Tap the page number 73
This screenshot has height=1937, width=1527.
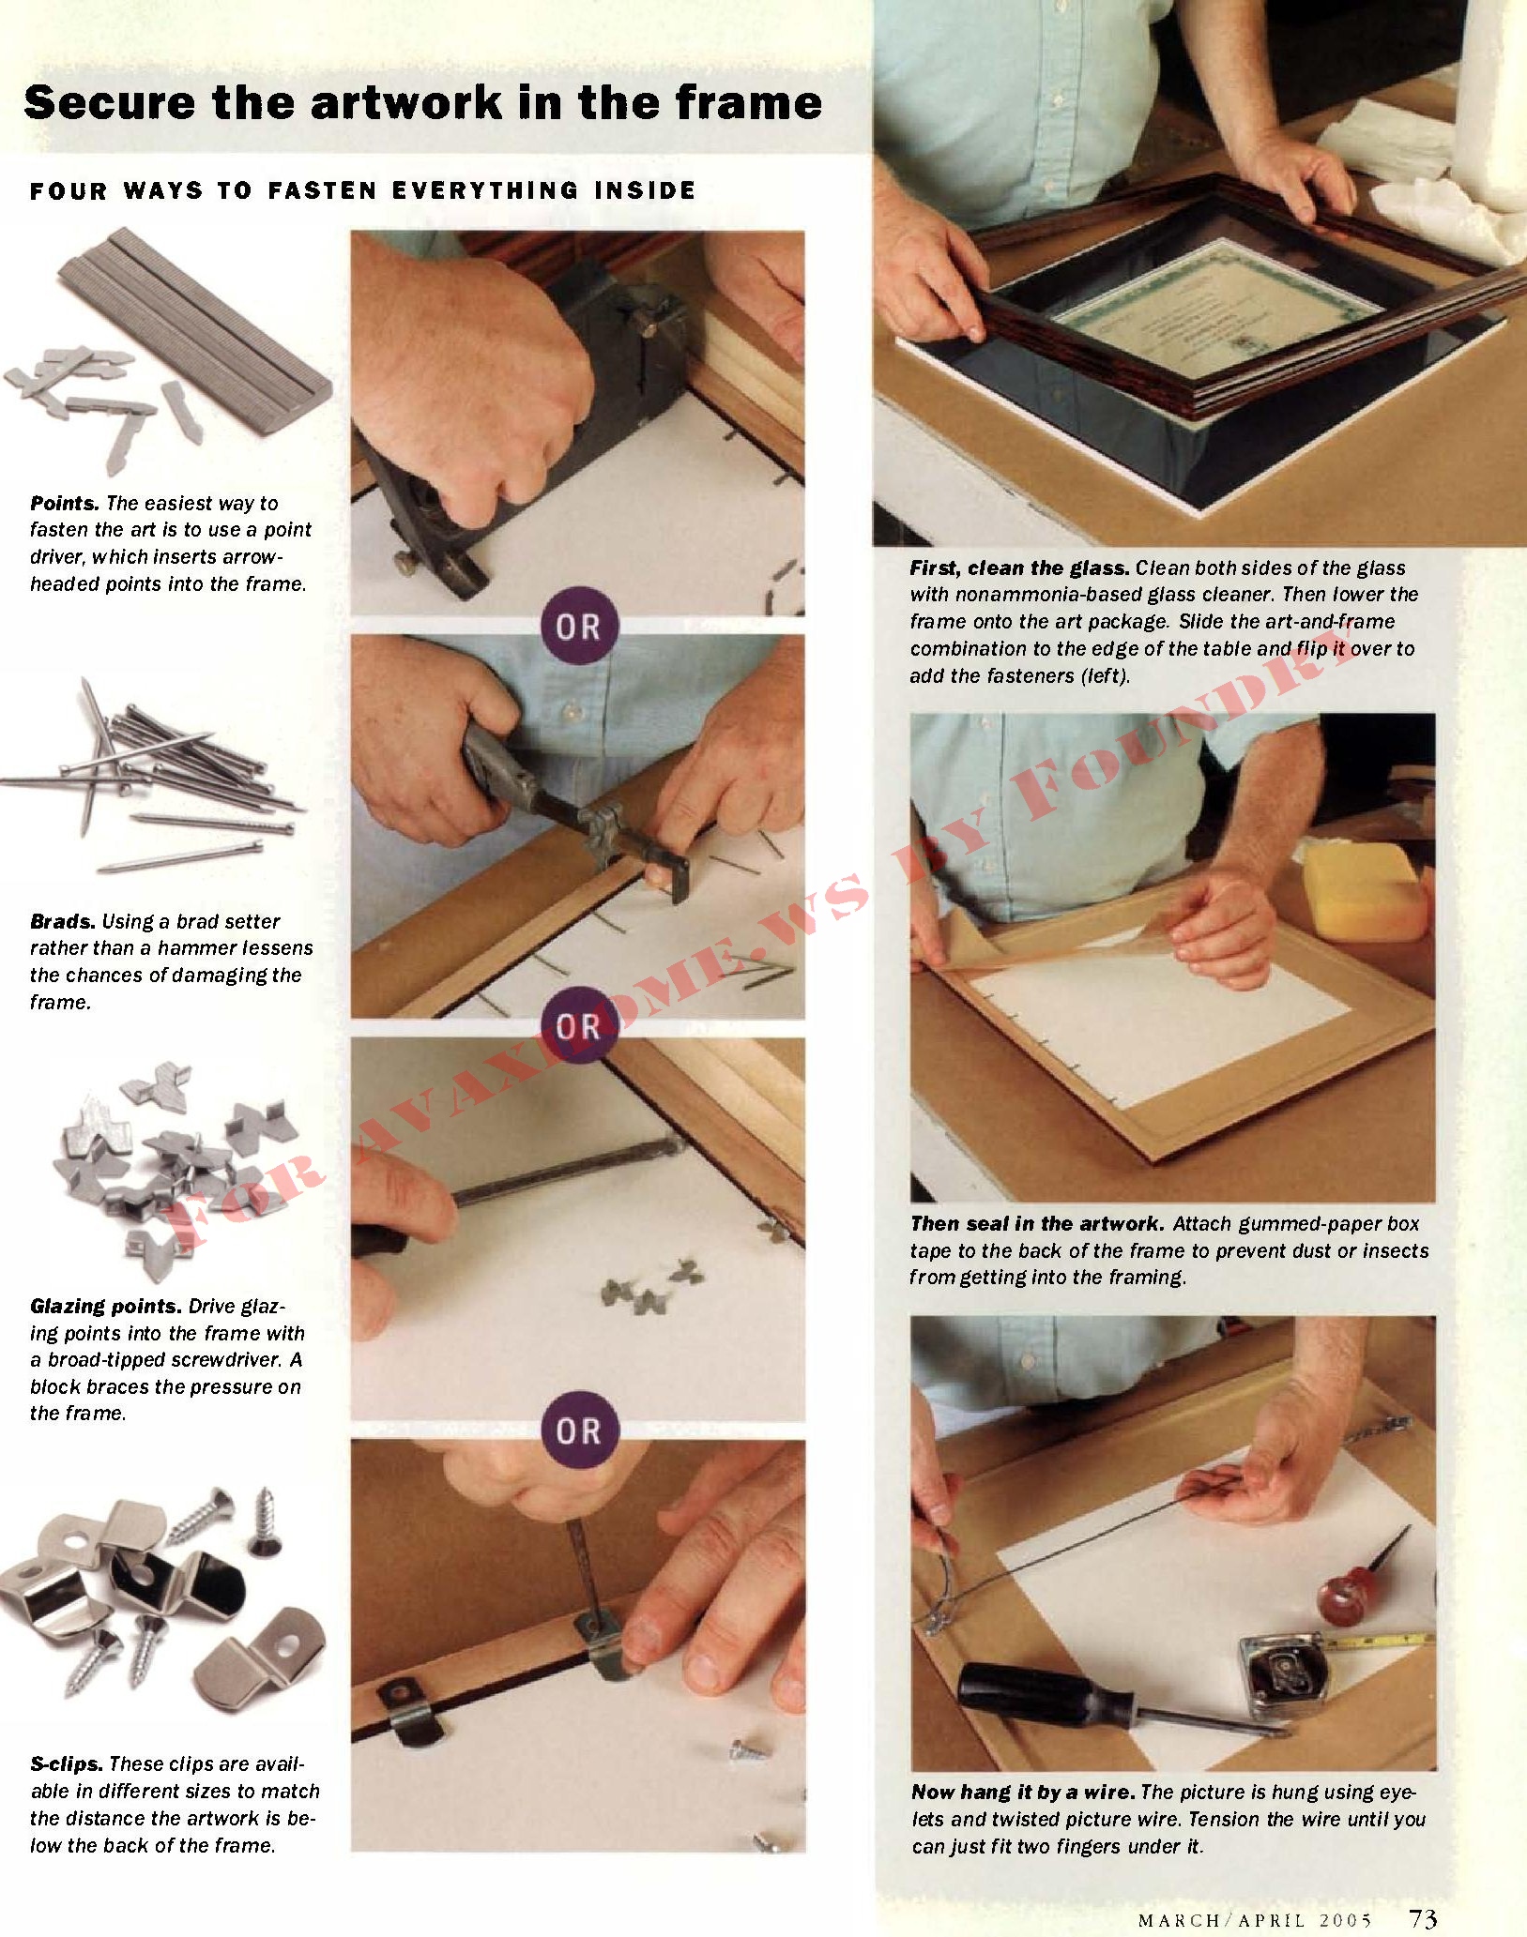(x=1423, y=1918)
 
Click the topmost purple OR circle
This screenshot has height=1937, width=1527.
(x=580, y=626)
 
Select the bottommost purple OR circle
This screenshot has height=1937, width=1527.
(x=580, y=1430)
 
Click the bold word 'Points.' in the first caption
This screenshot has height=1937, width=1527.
(x=65, y=504)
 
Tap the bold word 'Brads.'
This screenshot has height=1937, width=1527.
(x=63, y=921)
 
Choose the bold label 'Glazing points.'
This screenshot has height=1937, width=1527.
(x=106, y=1307)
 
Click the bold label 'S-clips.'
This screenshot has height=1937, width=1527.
(x=67, y=1764)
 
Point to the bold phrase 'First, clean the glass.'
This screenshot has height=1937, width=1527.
(x=1019, y=567)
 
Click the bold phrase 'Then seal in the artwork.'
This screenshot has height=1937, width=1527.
(x=1037, y=1223)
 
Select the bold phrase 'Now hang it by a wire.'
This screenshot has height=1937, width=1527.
(x=1024, y=1792)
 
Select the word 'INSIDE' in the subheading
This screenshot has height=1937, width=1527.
(x=646, y=190)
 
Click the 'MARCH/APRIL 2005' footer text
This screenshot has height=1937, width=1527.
(x=1255, y=1920)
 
